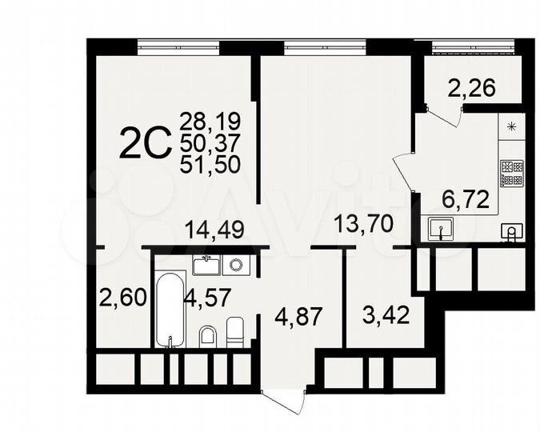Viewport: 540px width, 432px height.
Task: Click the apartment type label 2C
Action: pyautogui.click(x=146, y=144)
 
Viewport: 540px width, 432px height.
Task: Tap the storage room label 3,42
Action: pyautogui.click(x=386, y=314)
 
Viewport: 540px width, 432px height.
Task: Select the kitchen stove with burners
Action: pyautogui.click(x=511, y=174)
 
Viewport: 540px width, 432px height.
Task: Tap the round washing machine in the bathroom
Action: pyautogui.click(x=235, y=263)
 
